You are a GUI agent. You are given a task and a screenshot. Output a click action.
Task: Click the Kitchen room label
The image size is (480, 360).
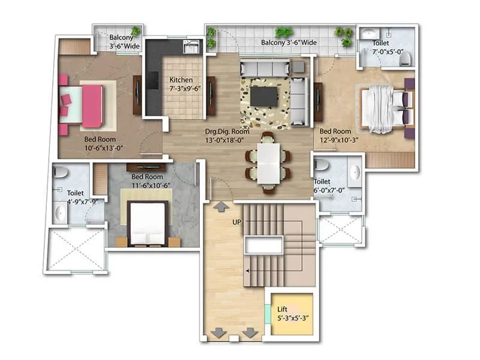coord(181,80)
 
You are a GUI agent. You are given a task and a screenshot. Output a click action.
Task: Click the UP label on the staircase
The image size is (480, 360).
coord(237,222)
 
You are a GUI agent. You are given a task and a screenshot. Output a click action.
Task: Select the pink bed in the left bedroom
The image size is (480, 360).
coord(90,105)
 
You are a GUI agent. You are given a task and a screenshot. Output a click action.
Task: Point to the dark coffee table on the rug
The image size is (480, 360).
coord(264,96)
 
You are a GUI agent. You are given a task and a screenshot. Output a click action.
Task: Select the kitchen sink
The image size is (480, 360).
coord(191,47)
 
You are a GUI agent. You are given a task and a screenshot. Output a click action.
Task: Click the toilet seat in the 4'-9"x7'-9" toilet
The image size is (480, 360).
coord(59,172)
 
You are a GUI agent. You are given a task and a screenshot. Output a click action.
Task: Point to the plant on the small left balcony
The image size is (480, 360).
coord(136,31)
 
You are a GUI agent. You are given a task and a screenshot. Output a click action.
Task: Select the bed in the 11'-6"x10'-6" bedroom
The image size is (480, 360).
coord(148,221)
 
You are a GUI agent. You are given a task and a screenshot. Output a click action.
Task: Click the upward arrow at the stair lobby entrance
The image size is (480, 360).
coord(220,207)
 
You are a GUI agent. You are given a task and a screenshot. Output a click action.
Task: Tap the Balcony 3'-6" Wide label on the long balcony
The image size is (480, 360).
coord(289,43)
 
